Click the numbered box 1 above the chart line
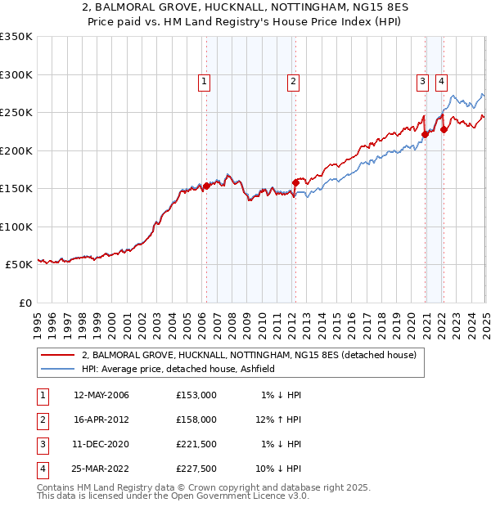203,81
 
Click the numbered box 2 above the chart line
292,81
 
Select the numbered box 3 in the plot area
422,81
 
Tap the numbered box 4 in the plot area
441,81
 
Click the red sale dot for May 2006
206,186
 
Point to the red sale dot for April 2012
295,182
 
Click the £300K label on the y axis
16,74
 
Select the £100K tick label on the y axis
16,227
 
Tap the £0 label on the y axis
25,303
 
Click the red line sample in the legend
57,355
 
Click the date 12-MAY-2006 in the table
101,395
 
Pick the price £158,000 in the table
196,420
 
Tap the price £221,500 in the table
196,444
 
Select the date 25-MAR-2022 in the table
101,469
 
